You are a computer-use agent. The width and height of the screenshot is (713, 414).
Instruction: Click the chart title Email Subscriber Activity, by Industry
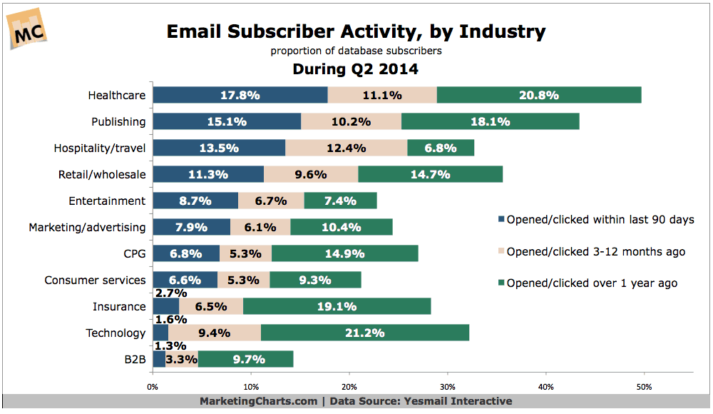[x=356, y=31]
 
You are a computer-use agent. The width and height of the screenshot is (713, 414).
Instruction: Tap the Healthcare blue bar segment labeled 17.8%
[x=240, y=95]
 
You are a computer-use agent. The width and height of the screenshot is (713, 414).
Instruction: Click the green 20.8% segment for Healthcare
[x=538, y=95]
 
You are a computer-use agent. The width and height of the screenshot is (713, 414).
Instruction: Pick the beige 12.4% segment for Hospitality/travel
[x=346, y=148]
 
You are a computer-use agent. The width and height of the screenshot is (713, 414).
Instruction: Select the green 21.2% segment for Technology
[x=364, y=333]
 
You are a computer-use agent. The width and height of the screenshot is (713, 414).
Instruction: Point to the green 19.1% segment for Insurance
[x=337, y=306]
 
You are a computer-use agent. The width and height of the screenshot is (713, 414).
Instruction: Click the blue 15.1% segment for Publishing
[x=227, y=121]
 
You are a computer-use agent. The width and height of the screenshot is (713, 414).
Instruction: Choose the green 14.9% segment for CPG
[x=344, y=253]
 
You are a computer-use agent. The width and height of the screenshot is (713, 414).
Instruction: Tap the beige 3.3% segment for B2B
[x=182, y=359]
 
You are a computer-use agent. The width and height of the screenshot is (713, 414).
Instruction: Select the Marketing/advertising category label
[x=87, y=227]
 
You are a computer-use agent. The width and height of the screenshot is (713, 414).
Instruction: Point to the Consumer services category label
[x=95, y=280]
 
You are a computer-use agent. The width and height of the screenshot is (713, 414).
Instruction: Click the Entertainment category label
[x=108, y=201]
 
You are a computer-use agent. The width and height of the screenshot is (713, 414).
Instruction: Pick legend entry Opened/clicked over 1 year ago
[x=591, y=283]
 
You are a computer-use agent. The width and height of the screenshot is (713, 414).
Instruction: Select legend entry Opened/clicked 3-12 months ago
[x=595, y=251]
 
